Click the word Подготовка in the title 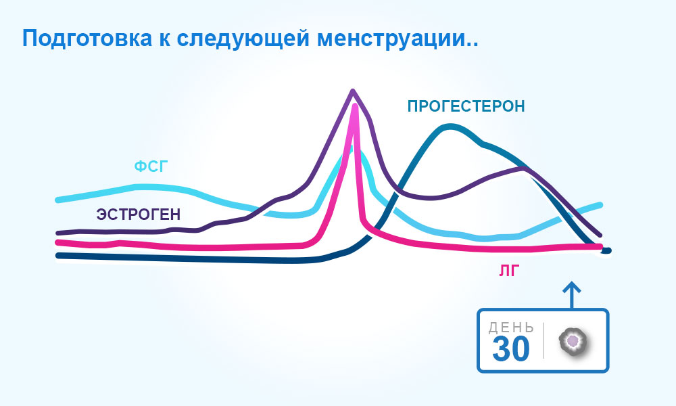click(x=87, y=39)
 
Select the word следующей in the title click(x=243, y=39)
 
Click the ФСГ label click(x=151, y=166)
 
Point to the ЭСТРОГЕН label click(x=139, y=215)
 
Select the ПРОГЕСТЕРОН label click(x=466, y=106)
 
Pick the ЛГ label click(x=509, y=271)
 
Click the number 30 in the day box click(x=511, y=348)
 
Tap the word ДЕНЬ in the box click(x=511, y=328)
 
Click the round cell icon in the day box click(x=573, y=342)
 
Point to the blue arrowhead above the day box click(x=572, y=288)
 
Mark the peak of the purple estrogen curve click(x=353, y=91)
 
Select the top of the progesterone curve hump click(x=450, y=127)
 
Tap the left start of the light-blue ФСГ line click(x=57, y=200)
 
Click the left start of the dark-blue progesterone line click(x=57, y=256)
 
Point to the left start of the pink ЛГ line click(x=57, y=242)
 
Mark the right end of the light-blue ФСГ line click(x=600, y=204)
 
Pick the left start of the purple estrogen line click(x=57, y=233)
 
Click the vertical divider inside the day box click(x=544, y=340)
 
